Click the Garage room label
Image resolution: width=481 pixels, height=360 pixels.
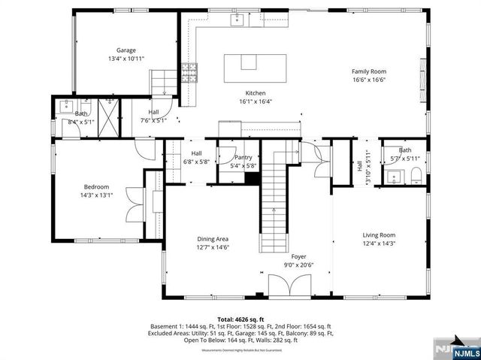(x=126, y=50)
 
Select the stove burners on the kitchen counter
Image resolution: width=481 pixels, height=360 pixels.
(x=189, y=72)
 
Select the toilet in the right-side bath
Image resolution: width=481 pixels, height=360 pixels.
(x=416, y=176)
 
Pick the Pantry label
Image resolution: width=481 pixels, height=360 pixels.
(x=244, y=157)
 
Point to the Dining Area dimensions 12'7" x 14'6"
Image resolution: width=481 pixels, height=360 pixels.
(x=213, y=247)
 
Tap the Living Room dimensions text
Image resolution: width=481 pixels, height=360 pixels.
(x=379, y=243)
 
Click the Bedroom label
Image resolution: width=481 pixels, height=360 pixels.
(x=96, y=187)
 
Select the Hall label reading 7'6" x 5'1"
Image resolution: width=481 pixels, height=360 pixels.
(x=153, y=119)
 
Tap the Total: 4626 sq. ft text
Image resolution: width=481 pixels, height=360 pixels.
(x=240, y=319)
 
